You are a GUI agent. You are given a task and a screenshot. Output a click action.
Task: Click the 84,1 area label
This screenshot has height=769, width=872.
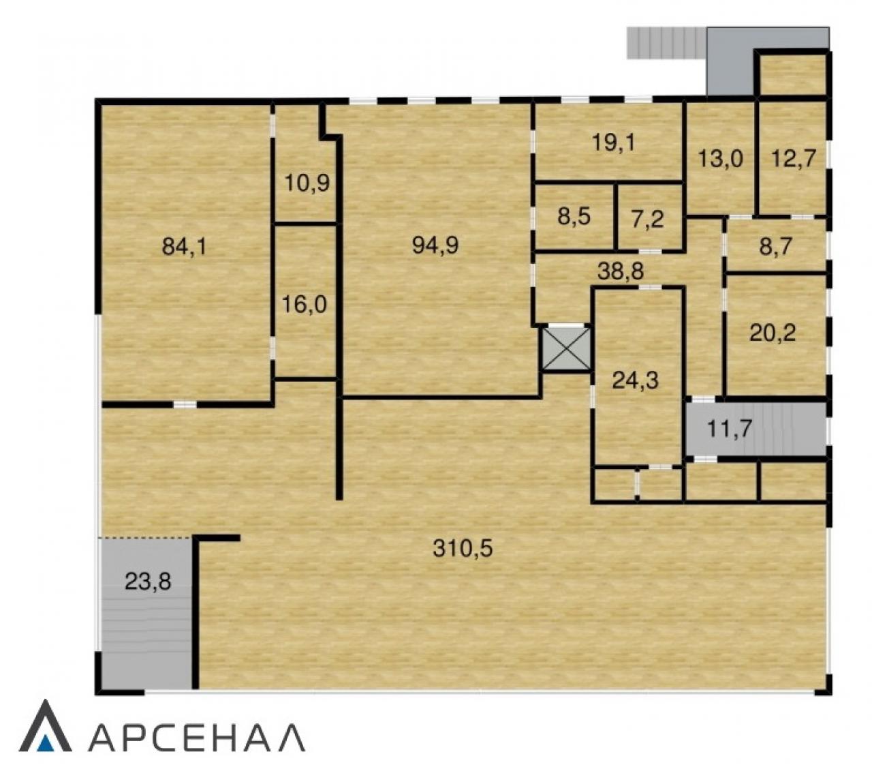click(184, 247)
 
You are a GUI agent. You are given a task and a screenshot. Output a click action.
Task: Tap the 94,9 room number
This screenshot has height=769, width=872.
click(435, 245)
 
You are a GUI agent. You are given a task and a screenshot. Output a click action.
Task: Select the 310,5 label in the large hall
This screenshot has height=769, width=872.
click(463, 548)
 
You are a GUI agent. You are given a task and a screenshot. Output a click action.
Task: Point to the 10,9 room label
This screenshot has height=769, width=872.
click(307, 183)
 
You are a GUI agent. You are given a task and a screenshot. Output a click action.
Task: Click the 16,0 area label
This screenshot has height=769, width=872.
click(304, 304)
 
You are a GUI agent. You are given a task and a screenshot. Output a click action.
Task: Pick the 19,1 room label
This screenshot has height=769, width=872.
click(614, 142)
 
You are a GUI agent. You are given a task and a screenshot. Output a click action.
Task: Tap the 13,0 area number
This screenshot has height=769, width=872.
click(720, 159)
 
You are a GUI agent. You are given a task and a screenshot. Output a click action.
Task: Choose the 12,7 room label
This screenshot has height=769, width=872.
click(793, 158)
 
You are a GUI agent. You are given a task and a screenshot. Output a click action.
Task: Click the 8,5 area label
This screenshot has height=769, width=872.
click(574, 216)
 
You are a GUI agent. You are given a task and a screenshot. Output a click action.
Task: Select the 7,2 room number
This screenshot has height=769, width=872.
click(648, 220)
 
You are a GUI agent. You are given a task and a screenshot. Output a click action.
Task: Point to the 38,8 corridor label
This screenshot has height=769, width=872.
click(621, 271)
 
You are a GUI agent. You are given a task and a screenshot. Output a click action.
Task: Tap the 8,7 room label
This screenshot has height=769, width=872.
click(775, 247)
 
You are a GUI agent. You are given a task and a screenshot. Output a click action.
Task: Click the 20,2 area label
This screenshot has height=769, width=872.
click(773, 333)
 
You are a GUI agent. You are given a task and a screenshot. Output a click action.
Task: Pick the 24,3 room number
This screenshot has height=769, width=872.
click(636, 381)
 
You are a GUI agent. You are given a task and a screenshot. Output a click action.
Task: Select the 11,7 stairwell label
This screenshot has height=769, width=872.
click(730, 429)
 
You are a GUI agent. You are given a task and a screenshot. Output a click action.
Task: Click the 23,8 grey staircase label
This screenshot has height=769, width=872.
click(148, 582)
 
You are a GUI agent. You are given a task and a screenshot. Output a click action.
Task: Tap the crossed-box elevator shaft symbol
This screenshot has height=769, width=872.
click(566, 349)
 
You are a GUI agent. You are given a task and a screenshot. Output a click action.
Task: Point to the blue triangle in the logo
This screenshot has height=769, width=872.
click(46, 744)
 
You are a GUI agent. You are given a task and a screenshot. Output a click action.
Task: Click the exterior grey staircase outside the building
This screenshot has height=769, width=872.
click(666, 43)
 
